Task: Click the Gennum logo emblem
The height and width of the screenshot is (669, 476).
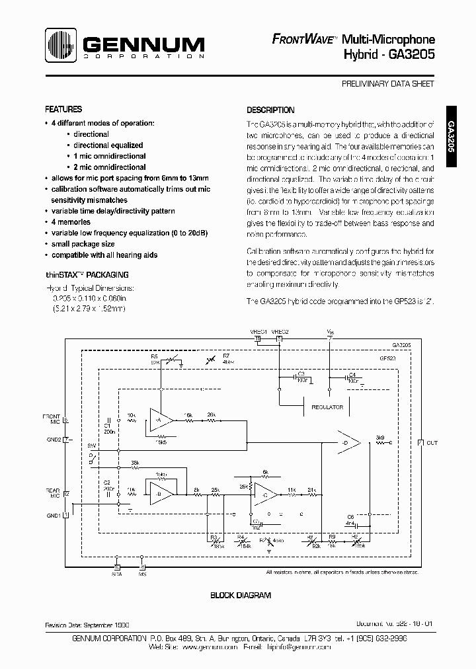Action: (x=61, y=46)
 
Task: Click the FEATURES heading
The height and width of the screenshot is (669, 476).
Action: (x=63, y=110)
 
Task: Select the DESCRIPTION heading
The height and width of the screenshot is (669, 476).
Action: (x=270, y=110)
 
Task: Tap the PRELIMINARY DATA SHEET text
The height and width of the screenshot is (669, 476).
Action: (x=388, y=85)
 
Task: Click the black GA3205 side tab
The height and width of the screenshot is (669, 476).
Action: (x=451, y=137)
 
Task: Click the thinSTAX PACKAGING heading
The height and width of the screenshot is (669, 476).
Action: (x=87, y=274)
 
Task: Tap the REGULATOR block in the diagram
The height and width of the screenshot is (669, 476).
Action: (x=327, y=407)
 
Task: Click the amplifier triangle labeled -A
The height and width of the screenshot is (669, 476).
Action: (x=159, y=420)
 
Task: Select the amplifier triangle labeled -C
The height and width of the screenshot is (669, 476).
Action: (x=266, y=495)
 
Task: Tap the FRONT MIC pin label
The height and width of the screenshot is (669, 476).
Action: (x=52, y=419)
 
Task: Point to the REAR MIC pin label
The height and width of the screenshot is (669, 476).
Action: (x=52, y=492)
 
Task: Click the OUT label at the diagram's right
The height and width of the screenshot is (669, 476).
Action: (x=432, y=442)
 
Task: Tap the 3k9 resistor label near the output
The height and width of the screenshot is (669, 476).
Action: (x=379, y=438)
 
